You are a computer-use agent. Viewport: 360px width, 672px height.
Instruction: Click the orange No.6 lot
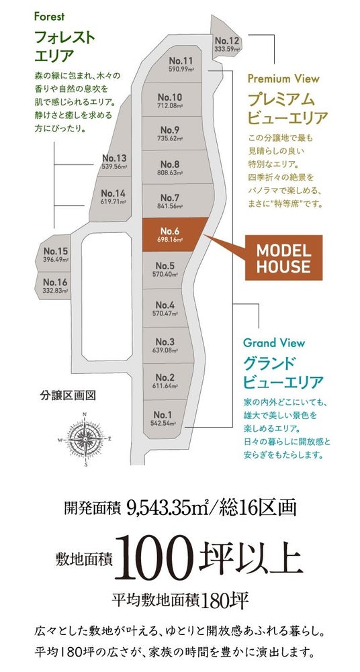(173, 235)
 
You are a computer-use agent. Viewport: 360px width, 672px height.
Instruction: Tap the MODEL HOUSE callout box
(283, 258)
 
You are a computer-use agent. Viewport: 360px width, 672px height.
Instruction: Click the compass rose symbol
(86, 438)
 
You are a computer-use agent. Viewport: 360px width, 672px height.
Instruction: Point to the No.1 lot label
(163, 415)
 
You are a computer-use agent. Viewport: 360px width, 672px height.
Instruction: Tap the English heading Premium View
(283, 79)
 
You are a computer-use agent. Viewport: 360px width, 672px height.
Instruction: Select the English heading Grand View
(274, 343)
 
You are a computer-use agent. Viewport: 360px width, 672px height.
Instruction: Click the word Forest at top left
(49, 17)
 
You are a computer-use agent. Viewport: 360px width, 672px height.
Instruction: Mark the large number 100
(154, 559)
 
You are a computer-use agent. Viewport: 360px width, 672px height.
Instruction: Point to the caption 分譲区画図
(68, 395)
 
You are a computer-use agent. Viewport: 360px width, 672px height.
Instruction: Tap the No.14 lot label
(113, 193)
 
